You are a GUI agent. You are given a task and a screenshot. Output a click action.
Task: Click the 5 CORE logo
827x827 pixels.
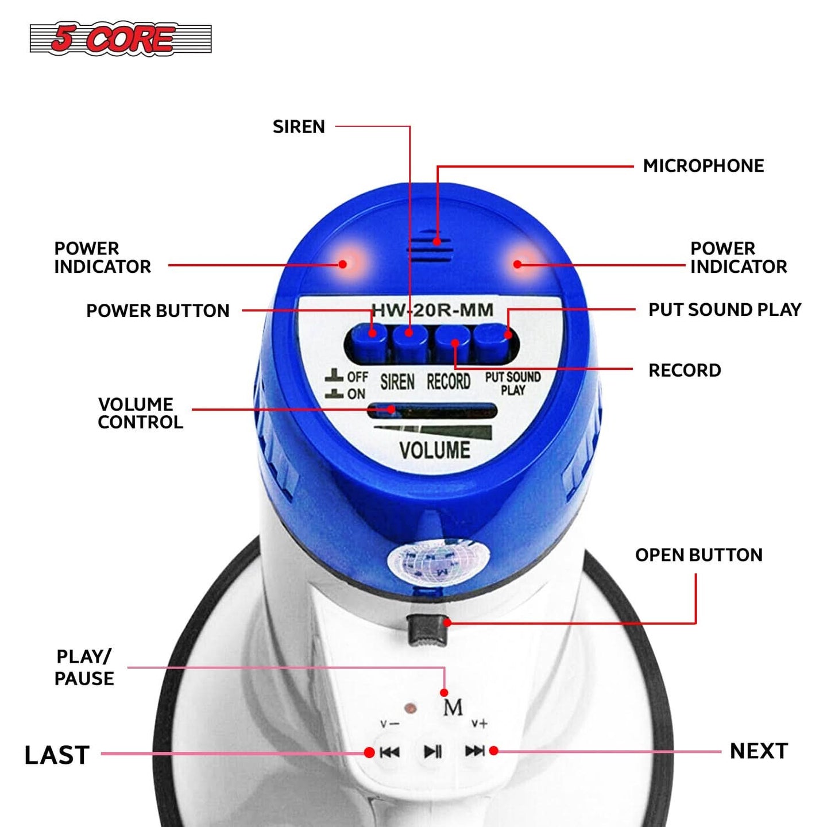click(x=121, y=38)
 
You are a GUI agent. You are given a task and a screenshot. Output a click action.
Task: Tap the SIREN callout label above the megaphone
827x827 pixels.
click(x=299, y=126)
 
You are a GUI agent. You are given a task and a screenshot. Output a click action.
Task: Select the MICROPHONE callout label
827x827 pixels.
click(x=704, y=166)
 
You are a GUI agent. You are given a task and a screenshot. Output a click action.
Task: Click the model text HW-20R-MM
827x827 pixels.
click(x=432, y=310)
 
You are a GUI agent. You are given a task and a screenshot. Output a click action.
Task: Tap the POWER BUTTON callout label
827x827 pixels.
click(x=158, y=311)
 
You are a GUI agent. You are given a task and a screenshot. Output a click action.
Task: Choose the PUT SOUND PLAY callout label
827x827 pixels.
click(x=725, y=310)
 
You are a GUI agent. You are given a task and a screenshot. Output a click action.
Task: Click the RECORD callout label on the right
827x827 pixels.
click(x=685, y=370)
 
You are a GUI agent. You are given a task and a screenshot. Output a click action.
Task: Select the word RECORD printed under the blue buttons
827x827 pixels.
click(x=448, y=382)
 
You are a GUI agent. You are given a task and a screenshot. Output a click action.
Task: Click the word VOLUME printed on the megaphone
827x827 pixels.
click(x=435, y=450)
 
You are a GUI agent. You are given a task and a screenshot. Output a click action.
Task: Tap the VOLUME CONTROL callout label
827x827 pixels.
click(x=140, y=413)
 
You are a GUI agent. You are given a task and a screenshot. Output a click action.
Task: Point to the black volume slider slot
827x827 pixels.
click(x=432, y=411)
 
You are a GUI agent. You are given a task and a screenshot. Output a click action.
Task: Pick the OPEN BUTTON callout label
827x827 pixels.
click(x=699, y=555)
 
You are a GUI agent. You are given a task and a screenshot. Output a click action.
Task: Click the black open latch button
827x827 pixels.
click(x=426, y=629)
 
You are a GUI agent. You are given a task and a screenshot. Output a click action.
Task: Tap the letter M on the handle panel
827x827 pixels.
click(x=453, y=708)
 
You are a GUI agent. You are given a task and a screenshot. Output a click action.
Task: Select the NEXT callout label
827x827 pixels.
click(x=759, y=751)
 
